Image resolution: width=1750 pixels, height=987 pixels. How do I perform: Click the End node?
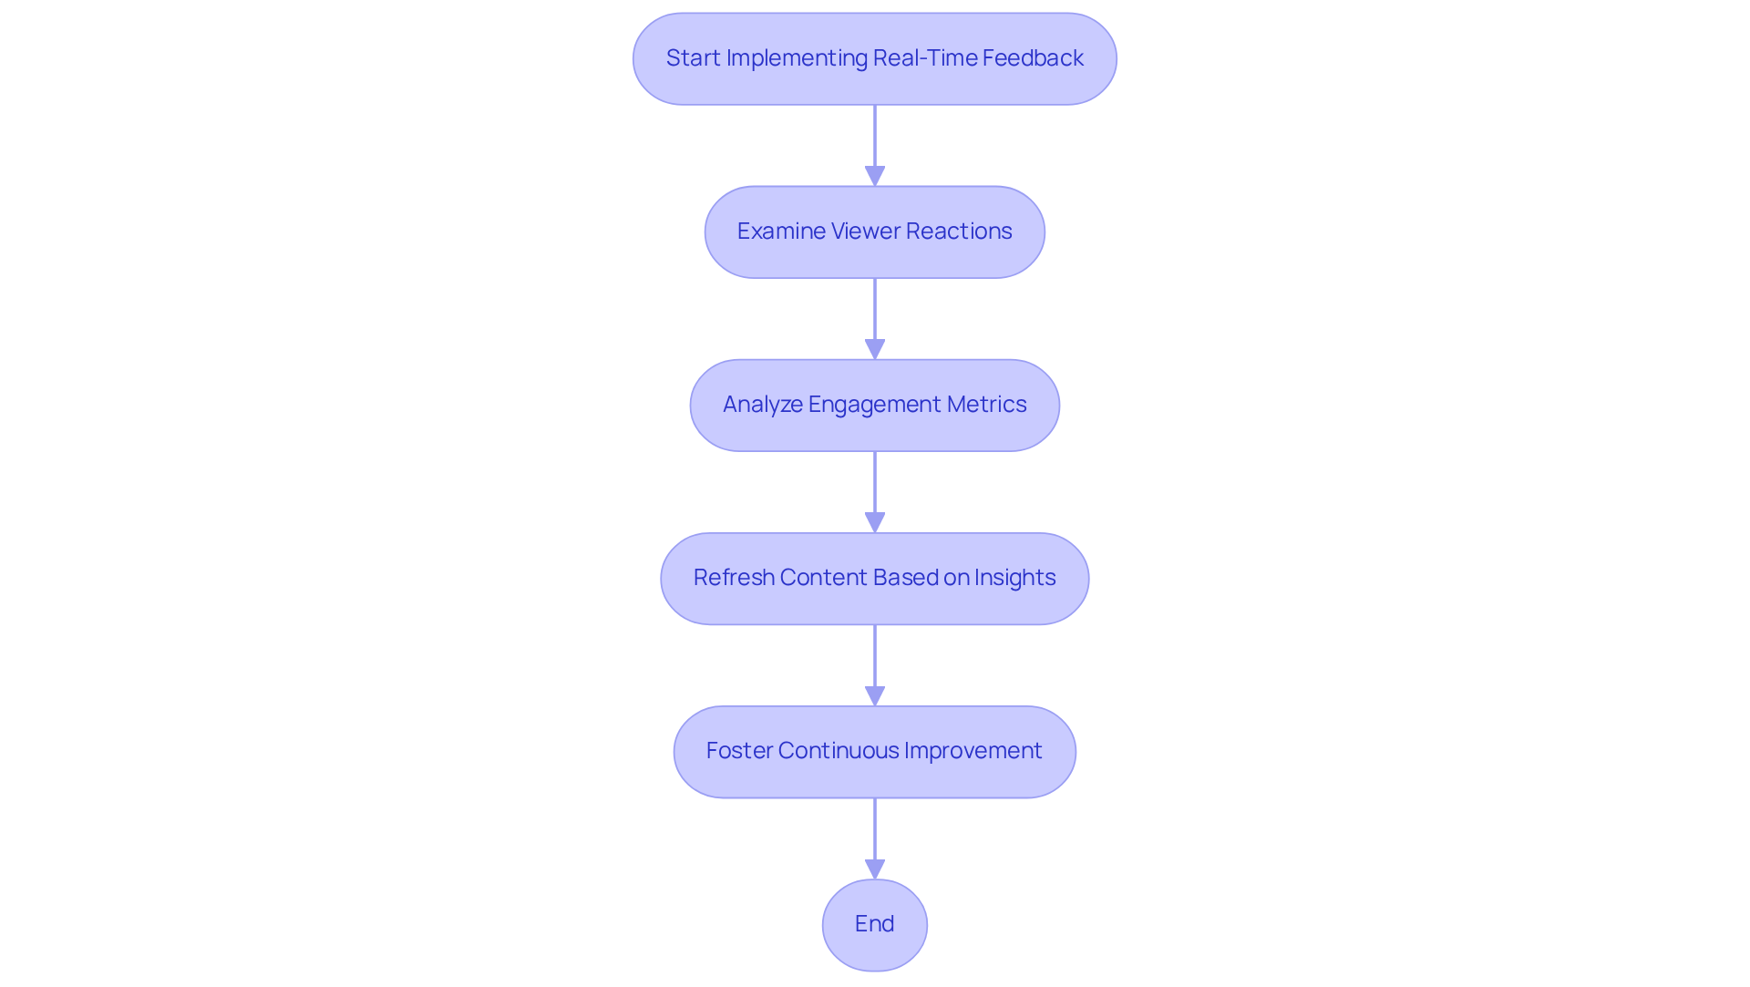click(x=874, y=924)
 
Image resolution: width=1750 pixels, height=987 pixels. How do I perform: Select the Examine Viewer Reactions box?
click(x=874, y=231)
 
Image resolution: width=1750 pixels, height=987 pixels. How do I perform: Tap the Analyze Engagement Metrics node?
click(x=874, y=405)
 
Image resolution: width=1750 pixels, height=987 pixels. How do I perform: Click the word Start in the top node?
click(x=693, y=58)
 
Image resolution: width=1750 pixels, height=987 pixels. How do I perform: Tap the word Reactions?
click(x=958, y=231)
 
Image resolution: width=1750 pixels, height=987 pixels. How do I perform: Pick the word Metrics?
click(x=987, y=405)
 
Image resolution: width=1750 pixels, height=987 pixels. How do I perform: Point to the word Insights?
click(x=1014, y=578)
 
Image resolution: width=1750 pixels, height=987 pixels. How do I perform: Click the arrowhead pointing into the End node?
click(x=874, y=869)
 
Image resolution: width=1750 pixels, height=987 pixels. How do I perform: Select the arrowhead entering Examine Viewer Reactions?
click(x=874, y=176)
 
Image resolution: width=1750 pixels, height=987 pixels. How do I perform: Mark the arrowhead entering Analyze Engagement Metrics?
click(x=874, y=349)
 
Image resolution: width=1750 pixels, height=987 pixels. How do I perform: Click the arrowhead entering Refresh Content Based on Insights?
click(x=874, y=522)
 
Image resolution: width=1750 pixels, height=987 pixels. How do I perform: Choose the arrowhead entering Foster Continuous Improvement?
click(x=874, y=695)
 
